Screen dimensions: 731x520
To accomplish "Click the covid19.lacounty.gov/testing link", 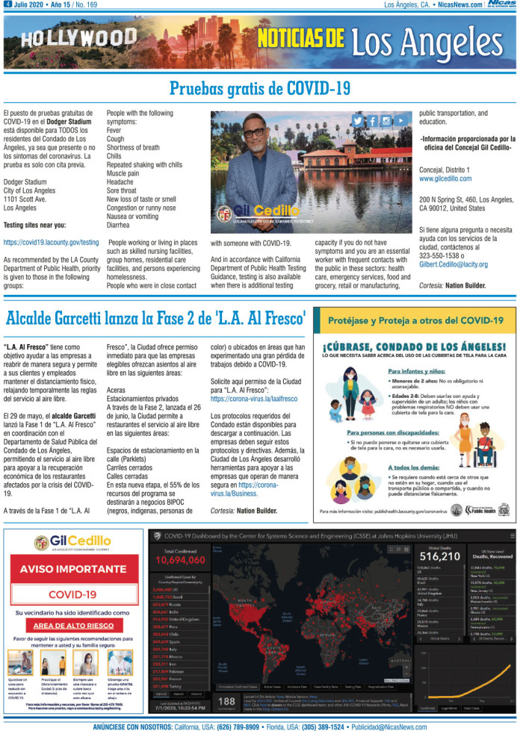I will click(x=51, y=243).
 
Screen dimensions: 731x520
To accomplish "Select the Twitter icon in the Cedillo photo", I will click(x=358, y=121).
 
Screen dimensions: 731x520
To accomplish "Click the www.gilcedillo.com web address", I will click(x=445, y=179).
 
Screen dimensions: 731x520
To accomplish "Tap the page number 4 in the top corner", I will click(x=7, y=4).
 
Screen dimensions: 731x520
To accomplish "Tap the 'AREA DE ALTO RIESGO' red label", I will click(x=73, y=623).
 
